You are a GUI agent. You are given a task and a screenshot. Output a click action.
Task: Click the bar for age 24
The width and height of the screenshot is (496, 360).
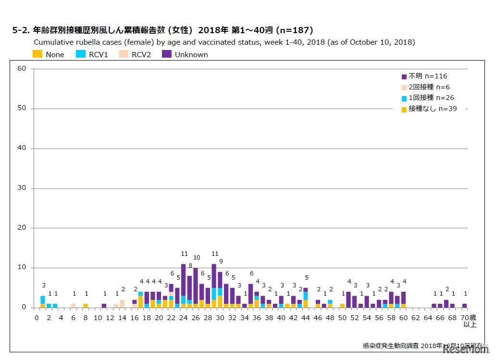[183, 286]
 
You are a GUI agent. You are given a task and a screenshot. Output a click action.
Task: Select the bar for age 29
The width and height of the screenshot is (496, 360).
[214, 286]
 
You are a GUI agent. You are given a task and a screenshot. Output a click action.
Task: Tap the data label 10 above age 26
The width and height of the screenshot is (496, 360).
[196, 258]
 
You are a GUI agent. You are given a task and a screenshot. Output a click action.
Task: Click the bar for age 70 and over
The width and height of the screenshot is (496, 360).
[464, 305]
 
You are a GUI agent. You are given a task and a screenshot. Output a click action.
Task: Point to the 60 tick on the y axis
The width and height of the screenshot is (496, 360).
[22, 69]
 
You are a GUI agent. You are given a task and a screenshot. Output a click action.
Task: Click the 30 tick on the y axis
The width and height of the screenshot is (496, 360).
[22, 188]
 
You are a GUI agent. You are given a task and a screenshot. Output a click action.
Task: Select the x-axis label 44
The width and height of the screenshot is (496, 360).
[305, 318]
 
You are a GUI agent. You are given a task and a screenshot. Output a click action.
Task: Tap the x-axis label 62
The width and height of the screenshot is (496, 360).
[415, 318]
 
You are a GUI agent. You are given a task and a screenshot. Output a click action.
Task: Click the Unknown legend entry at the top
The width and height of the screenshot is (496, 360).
[191, 54]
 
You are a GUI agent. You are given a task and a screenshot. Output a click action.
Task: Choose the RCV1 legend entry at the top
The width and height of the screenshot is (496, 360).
[98, 54]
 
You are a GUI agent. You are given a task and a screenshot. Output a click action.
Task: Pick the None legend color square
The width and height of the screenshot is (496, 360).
[37, 54]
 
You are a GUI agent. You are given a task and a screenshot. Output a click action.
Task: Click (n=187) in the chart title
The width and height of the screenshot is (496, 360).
[294, 30]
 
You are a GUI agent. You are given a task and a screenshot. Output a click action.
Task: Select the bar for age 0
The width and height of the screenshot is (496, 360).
[43, 302]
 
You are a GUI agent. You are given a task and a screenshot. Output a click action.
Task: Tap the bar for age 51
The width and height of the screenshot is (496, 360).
[348, 299]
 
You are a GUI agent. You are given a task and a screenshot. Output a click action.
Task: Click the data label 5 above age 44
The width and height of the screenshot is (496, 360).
[306, 278]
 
